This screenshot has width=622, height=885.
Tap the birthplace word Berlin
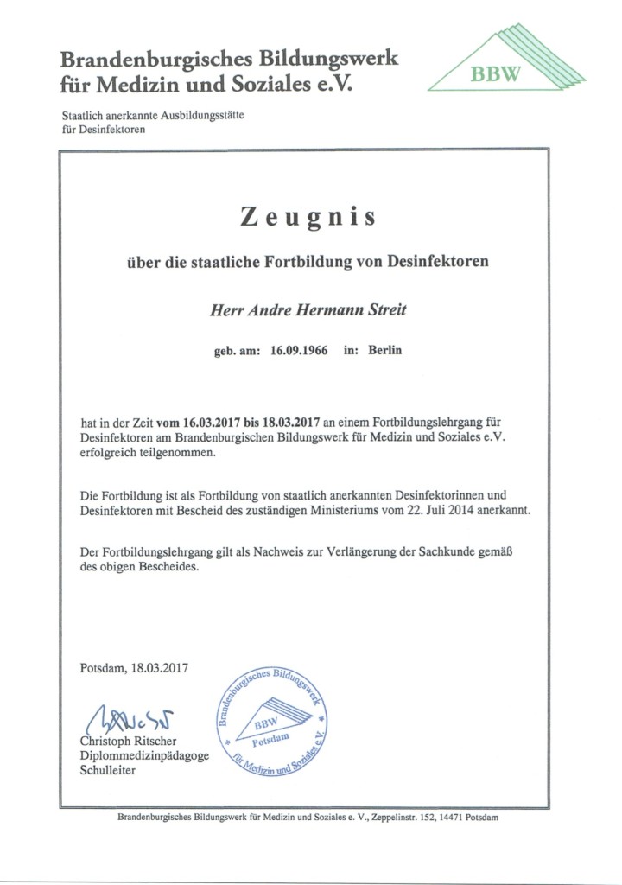tap(384, 352)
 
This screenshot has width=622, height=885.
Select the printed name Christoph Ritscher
tap(129, 741)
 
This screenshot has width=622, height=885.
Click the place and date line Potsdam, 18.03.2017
tap(134, 667)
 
